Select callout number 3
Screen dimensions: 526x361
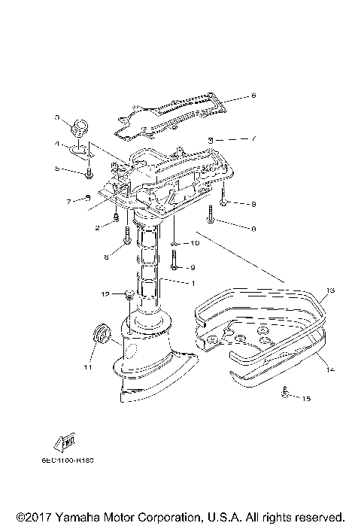pos(56,117)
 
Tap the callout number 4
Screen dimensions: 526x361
pos(56,143)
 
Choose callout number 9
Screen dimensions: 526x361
pos(193,267)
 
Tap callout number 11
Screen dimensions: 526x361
pos(87,369)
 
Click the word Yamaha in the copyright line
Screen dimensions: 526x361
pos(72,518)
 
